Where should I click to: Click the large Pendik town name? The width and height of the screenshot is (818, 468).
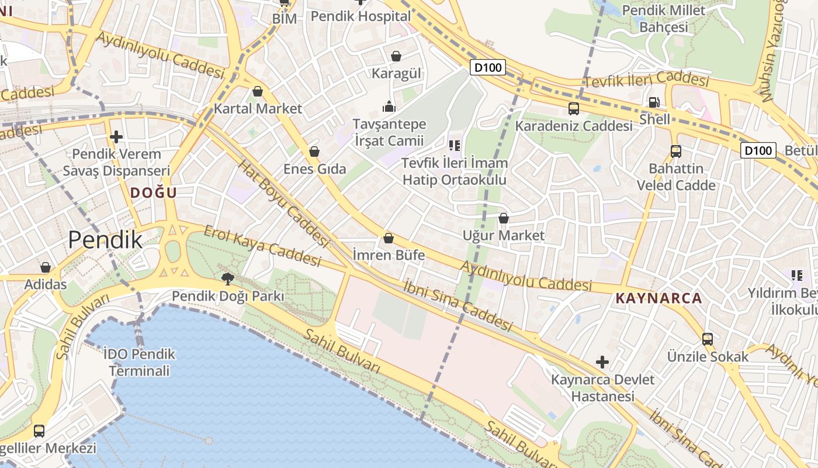pyautogui.click(x=105, y=240)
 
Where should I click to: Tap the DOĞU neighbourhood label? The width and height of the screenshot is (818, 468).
pyautogui.click(x=153, y=192)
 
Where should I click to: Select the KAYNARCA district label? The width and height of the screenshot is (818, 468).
pyautogui.click(x=658, y=298)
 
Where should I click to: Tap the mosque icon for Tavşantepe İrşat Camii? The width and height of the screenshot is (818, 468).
pyautogui.click(x=389, y=106)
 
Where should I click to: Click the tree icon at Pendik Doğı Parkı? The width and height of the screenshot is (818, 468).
pyautogui.click(x=227, y=279)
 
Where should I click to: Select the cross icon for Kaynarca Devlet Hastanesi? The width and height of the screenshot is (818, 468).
pyautogui.click(x=602, y=362)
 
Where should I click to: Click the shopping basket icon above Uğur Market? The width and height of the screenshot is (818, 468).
pyautogui.click(x=503, y=218)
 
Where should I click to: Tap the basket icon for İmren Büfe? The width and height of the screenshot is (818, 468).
pyautogui.click(x=389, y=239)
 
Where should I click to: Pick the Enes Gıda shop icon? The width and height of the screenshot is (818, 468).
pyautogui.click(x=314, y=152)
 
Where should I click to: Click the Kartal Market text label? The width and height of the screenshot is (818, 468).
pyautogui.click(x=258, y=108)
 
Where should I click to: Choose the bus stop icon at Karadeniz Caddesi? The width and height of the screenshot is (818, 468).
pyautogui.click(x=574, y=109)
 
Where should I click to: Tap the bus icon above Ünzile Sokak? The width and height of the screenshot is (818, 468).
pyautogui.click(x=708, y=339)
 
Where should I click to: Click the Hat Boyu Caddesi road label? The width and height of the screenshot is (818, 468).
pyautogui.click(x=283, y=202)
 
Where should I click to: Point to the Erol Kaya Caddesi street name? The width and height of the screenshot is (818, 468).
pyautogui.click(x=262, y=245)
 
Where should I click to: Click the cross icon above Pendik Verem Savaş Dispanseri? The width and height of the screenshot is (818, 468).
pyautogui.click(x=116, y=137)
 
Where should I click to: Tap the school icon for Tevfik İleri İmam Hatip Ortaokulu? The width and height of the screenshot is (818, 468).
pyautogui.click(x=455, y=145)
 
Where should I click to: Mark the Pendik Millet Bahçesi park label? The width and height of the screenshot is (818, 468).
pyautogui.click(x=663, y=19)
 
